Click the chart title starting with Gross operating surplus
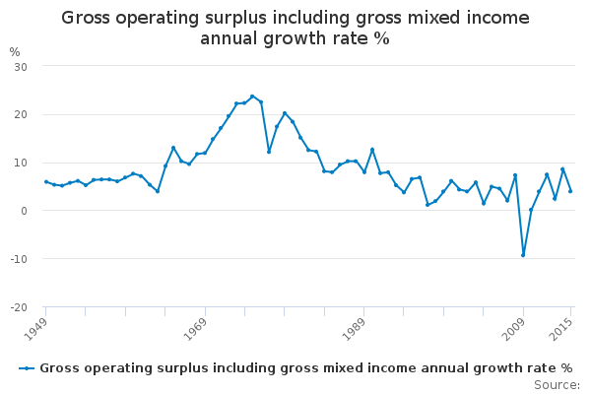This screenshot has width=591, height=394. click(x=295, y=28)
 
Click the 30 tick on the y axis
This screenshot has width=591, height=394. click(x=20, y=66)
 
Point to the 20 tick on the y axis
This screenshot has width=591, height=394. click(x=20, y=114)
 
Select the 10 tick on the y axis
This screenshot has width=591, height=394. click(x=20, y=163)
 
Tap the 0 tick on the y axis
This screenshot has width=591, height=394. click(x=23, y=211)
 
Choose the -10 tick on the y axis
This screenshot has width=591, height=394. click(x=18, y=259)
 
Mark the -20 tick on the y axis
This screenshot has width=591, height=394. click(x=18, y=307)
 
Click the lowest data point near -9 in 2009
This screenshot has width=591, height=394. click(x=523, y=255)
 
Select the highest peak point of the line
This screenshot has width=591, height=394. click(x=252, y=97)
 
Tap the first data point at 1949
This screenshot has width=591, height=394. click(x=45, y=181)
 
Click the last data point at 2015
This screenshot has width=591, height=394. click(x=570, y=191)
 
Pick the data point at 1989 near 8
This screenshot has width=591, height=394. click(x=363, y=171)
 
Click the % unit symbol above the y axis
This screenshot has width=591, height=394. click(x=14, y=51)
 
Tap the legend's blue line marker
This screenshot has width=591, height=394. click(x=27, y=367)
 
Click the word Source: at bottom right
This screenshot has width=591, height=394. click(x=557, y=384)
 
